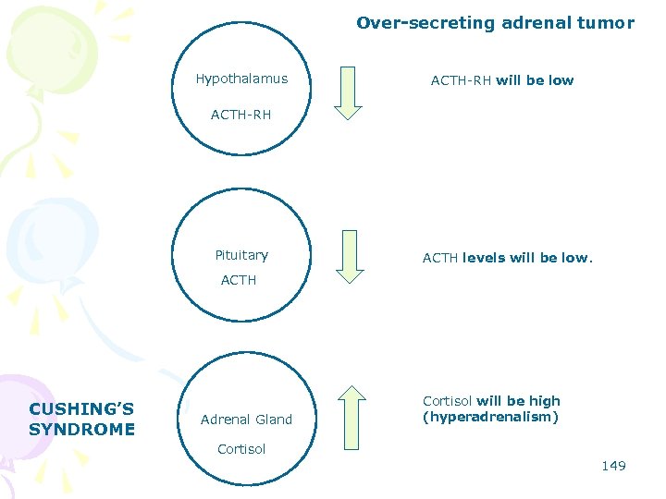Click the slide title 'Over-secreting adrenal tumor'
(x=495, y=23)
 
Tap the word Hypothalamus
(x=241, y=79)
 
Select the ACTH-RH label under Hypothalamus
(x=240, y=116)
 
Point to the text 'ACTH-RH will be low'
(x=501, y=80)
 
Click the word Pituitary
(x=241, y=255)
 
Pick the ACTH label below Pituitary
(x=239, y=280)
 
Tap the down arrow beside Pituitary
(x=349, y=256)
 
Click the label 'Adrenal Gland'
(x=246, y=420)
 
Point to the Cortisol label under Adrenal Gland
(x=241, y=449)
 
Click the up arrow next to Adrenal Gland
(x=351, y=418)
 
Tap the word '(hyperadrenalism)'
(x=490, y=418)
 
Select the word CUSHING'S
(x=81, y=409)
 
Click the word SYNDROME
(x=81, y=429)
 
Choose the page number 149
(x=613, y=466)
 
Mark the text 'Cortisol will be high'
(x=491, y=401)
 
